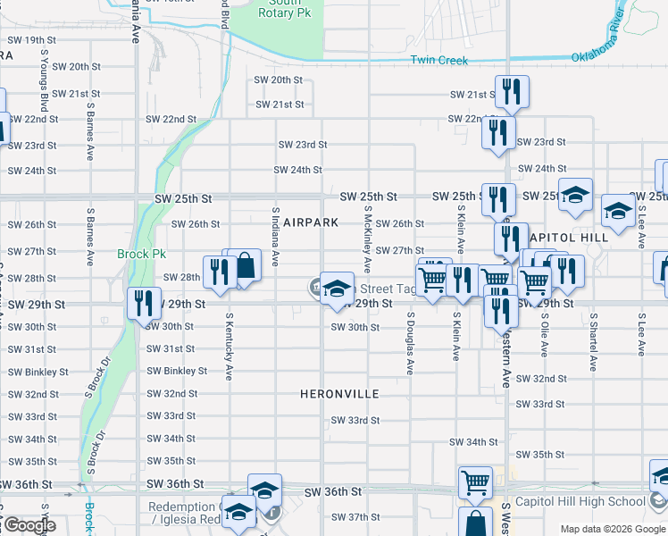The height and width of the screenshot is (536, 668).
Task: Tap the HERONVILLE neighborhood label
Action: coord(339,394)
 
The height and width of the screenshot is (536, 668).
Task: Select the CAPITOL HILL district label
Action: coord(569,238)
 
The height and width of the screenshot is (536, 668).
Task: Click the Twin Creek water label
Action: coord(438,61)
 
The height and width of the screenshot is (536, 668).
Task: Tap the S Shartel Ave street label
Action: coord(592,342)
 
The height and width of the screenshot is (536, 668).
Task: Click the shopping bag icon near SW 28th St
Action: coord(245,265)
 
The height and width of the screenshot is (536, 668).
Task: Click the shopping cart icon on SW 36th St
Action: coord(475,482)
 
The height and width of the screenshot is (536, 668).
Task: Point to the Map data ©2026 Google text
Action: coord(613,529)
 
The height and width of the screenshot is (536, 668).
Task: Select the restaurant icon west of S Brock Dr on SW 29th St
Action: coord(143,304)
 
